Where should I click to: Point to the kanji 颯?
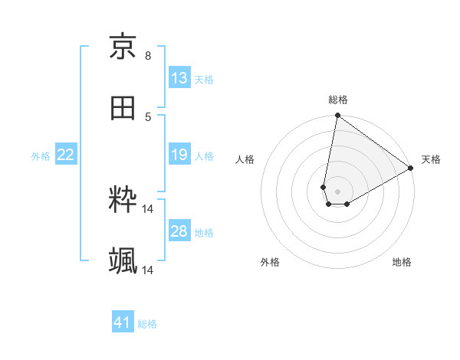coord(123,261)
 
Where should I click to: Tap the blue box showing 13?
coord(179,78)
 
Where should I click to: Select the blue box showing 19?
coord(179,155)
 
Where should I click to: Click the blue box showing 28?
coord(179,231)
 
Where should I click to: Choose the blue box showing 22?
coord(66,155)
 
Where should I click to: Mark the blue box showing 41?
coord(123,322)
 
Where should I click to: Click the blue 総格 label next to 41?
coord(147,324)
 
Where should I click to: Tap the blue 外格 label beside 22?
coord(41,156)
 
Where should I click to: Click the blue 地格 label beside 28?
coord(204,233)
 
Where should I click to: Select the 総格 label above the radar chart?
coord(338,100)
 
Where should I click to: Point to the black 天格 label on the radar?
coord(431,159)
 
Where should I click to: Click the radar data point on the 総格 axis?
coord(337,116)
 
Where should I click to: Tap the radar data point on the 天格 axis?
coord(411,169)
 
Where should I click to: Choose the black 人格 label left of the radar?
coord(245,159)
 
